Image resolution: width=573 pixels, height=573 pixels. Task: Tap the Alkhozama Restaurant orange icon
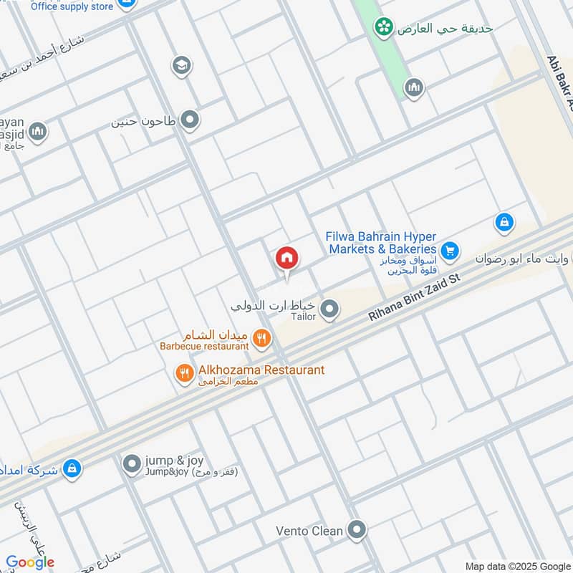point(185,372)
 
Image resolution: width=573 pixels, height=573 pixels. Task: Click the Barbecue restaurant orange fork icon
point(262,337)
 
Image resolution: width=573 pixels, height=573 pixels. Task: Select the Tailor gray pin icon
point(329,309)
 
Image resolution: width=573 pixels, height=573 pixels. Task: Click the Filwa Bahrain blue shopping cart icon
point(450,250)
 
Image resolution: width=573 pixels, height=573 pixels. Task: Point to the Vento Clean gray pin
point(356,531)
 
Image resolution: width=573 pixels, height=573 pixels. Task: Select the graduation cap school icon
point(182,66)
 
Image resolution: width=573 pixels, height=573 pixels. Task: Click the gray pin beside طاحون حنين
point(190,120)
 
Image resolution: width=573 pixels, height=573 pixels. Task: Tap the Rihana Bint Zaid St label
point(416,294)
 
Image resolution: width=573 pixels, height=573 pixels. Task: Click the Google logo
point(30,562)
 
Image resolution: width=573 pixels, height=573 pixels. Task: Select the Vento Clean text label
point(309,531)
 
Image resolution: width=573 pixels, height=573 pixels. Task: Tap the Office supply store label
point(72,6)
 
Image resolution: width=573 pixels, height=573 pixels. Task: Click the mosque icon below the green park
point(414,88)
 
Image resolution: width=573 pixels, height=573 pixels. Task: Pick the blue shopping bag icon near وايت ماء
point(504,223)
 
